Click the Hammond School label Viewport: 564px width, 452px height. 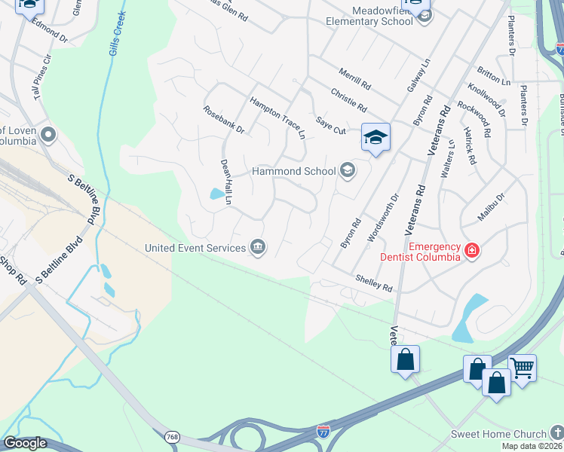[293, 171]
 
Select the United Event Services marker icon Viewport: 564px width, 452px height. [258, 248]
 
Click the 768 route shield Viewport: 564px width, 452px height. [173, 436]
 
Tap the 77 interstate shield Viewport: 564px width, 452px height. [323, 432]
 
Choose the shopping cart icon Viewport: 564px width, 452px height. [522, 367]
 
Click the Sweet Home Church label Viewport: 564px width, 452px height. [498, 434]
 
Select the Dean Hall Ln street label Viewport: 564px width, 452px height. [225, 181]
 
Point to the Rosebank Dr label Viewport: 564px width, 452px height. [224, 119]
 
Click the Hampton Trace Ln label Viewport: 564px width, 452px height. [278, 117]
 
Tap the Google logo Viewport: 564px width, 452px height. [24, 444]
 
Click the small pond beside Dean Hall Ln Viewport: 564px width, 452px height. [216, 194]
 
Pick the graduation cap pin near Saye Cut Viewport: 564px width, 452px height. [375, 138]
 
